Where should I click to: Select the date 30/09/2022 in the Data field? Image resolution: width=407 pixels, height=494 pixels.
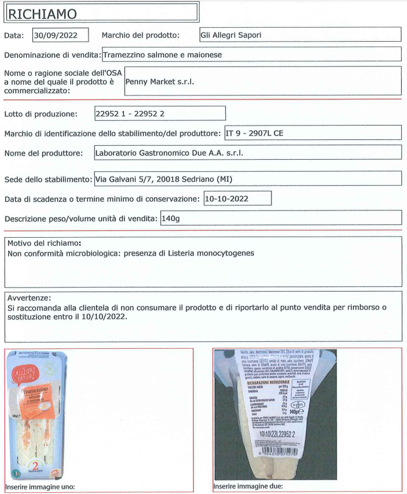click(60, 35)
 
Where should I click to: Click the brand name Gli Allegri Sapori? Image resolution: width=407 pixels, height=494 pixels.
click(230, 35)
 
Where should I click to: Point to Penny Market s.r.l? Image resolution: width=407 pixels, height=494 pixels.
click(160, 82)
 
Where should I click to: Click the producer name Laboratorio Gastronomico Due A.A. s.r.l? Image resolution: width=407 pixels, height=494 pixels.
click(169, 153)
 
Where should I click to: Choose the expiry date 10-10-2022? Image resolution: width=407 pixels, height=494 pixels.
click(227, 199)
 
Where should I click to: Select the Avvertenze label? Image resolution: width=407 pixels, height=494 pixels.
click(30, 298)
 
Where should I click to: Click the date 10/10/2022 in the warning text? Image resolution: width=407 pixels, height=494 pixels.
click(108, 317)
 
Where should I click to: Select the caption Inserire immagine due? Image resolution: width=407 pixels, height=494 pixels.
click(248, 486)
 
